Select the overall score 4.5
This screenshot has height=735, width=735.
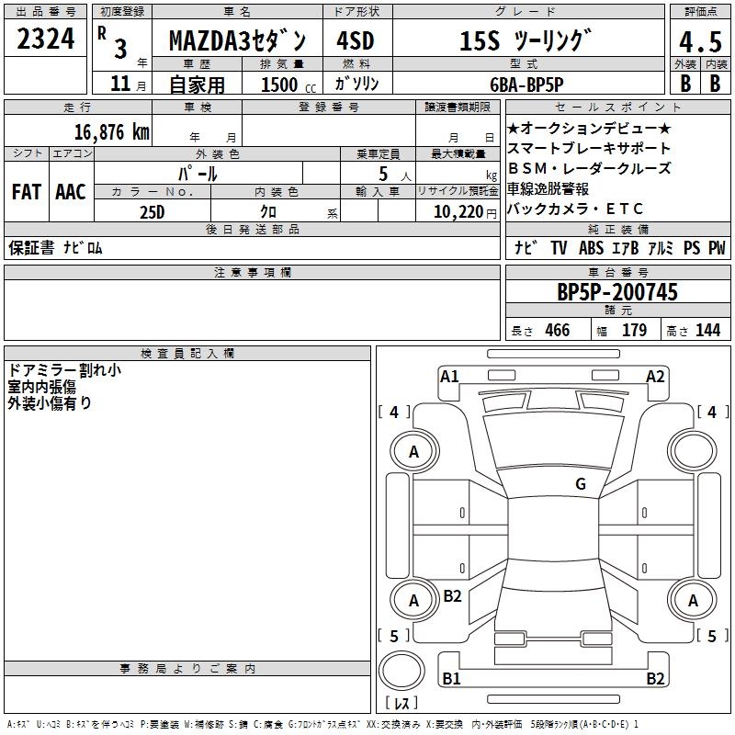(697, 42)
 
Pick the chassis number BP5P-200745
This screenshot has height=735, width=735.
(617, 292)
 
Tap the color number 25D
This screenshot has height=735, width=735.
(152, 211)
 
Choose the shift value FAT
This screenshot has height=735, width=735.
(26, 192)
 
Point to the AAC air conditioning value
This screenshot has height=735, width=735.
(71, 192)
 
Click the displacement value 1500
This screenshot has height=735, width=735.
(279, 85)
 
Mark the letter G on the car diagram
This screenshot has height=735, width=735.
(581, 484)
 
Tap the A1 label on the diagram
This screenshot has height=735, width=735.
(449, 376)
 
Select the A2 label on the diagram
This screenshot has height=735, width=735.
(655, 376)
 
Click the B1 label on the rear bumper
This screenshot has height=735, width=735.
(450, 679)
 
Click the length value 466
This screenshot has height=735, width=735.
(557, 331)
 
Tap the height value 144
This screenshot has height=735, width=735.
(707, 331)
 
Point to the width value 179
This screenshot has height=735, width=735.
(635, 331)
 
